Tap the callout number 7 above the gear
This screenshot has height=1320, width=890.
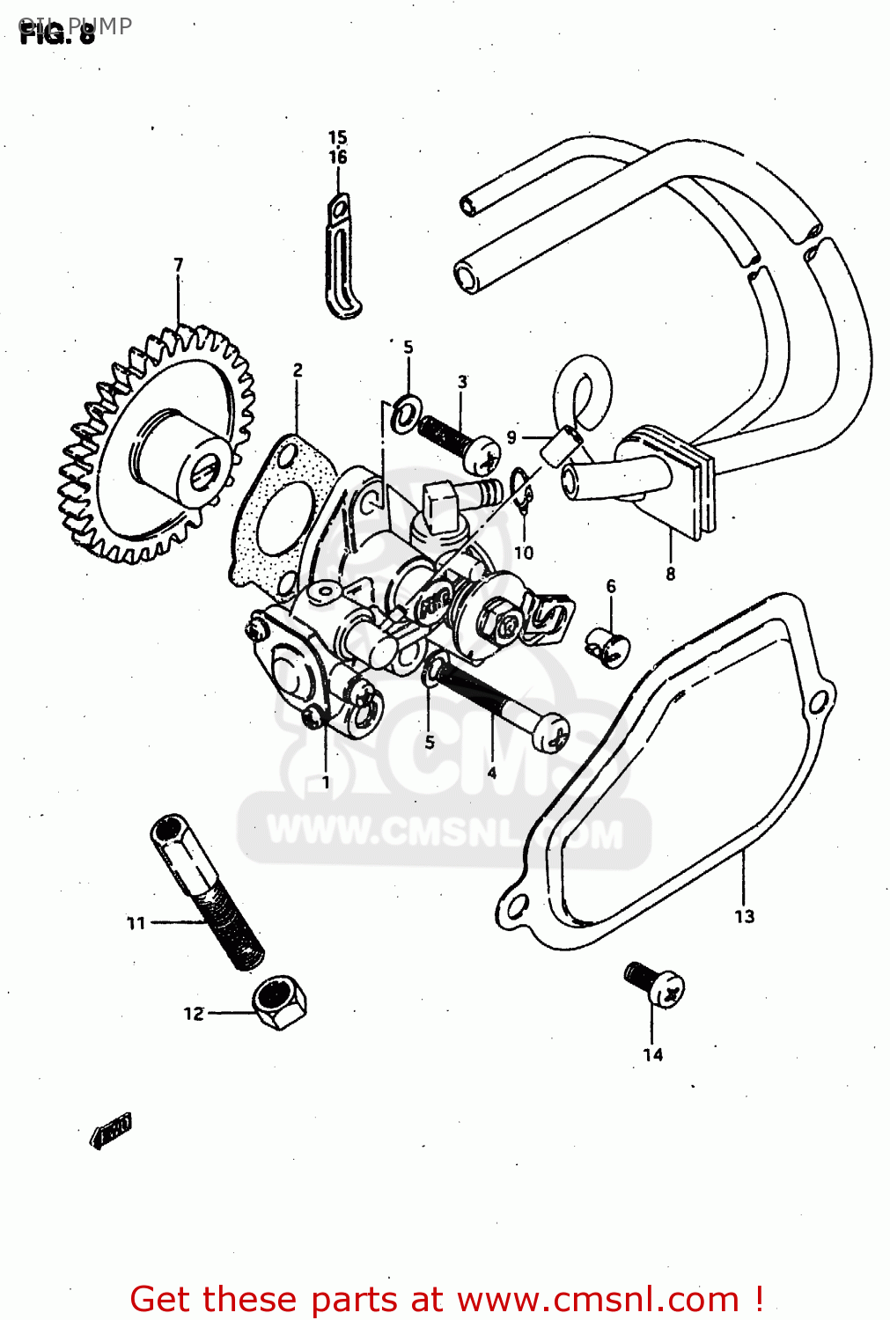tap(179, 264)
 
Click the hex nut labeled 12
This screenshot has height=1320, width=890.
tap(280, 1002)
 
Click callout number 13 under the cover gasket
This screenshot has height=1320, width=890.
tap(744, 916)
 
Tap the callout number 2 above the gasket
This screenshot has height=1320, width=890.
tap(298, 370)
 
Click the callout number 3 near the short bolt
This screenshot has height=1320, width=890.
tap(462, 381)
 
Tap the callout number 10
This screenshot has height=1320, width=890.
tap(523, 553)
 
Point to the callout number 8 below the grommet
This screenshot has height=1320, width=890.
tap(671, 574)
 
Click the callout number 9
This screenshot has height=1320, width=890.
tap(511, 436)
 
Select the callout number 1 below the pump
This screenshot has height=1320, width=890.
tap(326, 781)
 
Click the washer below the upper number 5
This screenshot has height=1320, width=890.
tap(406, 413)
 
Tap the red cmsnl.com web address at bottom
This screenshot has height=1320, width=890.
tap(598, 1299)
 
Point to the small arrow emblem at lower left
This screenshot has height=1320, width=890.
tap(111, 1132)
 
